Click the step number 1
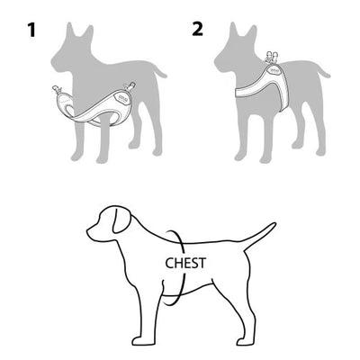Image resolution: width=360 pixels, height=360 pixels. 31,31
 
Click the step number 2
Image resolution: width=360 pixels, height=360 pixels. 198,30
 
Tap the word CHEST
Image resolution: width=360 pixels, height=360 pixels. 185,263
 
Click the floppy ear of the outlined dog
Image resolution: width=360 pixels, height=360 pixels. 121,221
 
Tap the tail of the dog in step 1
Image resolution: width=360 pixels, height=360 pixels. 159,70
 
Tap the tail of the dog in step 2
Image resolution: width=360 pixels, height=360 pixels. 322,71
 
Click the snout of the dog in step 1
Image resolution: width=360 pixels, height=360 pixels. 57,62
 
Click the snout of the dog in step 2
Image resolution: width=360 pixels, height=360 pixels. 220,62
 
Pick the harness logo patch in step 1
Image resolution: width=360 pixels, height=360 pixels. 121,98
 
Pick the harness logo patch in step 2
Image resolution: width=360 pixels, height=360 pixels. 274,70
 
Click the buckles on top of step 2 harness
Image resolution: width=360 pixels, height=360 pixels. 273,57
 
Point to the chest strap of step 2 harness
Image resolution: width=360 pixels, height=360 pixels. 246,92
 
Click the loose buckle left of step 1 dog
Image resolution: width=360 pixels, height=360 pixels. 58,89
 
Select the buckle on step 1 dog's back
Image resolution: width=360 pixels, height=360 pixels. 130,86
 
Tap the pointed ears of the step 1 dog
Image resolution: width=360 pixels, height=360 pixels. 80,31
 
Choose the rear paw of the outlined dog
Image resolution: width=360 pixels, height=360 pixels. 245,341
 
